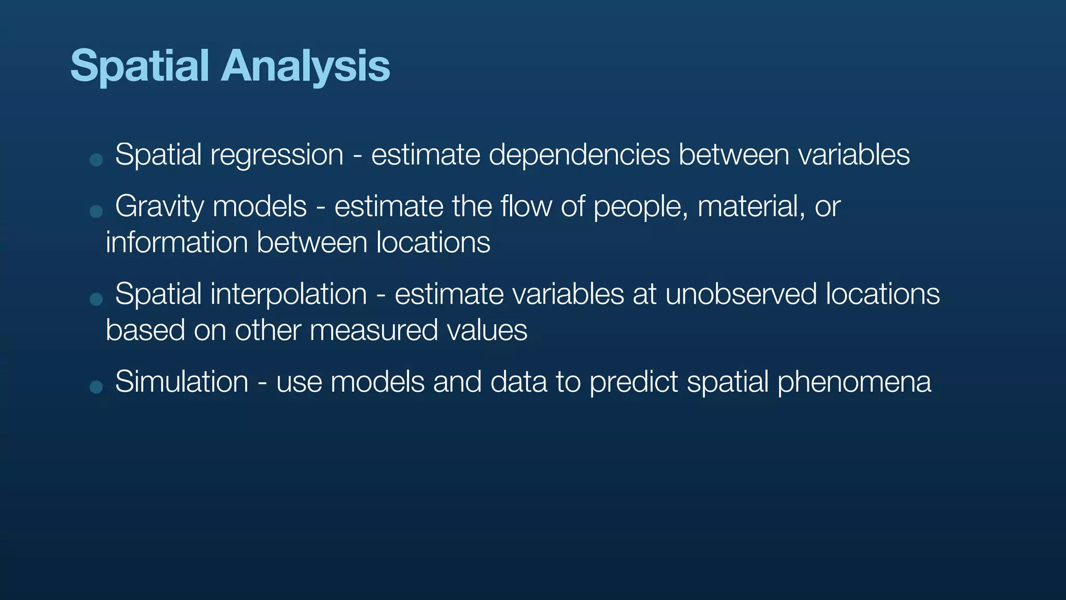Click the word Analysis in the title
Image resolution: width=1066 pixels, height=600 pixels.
306,67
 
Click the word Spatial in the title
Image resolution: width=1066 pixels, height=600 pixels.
139,67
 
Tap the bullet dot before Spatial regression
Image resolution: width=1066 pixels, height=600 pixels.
96,159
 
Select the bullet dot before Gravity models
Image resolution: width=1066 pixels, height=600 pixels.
96,211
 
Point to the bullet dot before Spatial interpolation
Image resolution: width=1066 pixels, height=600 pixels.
96,299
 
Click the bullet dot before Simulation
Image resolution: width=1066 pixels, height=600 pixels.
96,386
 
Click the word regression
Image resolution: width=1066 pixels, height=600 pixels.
276,155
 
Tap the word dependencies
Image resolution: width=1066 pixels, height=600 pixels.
579,155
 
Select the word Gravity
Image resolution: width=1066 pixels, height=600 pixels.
159,207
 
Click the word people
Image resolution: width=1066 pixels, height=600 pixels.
640,207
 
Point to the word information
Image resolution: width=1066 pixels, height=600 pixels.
176,243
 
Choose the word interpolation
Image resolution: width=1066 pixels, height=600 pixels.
288,294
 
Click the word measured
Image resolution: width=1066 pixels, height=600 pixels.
373,331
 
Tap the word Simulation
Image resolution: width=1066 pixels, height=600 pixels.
182,382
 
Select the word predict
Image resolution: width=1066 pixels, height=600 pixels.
633,382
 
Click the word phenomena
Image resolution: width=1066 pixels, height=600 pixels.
854,382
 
